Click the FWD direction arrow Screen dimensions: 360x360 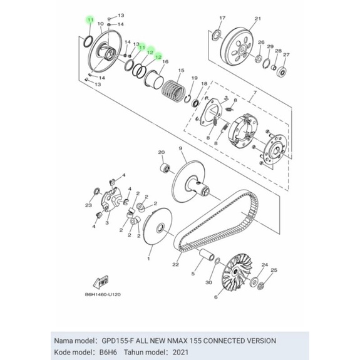point(101,282)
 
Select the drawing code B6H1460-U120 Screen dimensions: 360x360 point(103,294)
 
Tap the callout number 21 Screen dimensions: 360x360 point(258,19)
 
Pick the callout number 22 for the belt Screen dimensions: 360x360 point(176,264)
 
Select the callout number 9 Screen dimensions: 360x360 point(180,148)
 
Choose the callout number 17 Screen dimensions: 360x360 point(222,18)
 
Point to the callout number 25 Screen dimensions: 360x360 point(274,270)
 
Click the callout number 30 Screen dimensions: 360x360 point(208,282)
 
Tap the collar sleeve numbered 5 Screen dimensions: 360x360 point(207,254)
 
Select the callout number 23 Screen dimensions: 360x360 point(89,205)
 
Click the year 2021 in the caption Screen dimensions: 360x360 point(180,352)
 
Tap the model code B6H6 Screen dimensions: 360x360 point(108,352)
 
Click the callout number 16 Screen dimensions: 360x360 point(165,61)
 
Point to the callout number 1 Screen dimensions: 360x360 point(148,259)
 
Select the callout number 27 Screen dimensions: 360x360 point(286,54)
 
